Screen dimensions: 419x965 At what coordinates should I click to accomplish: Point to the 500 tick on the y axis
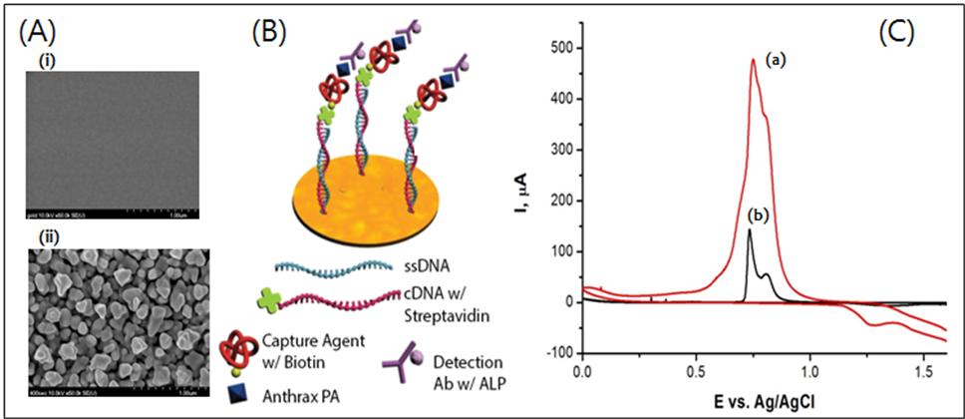554,48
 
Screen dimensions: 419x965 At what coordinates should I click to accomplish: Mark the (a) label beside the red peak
777,61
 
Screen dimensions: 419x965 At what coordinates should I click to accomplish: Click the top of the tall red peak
752,60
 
